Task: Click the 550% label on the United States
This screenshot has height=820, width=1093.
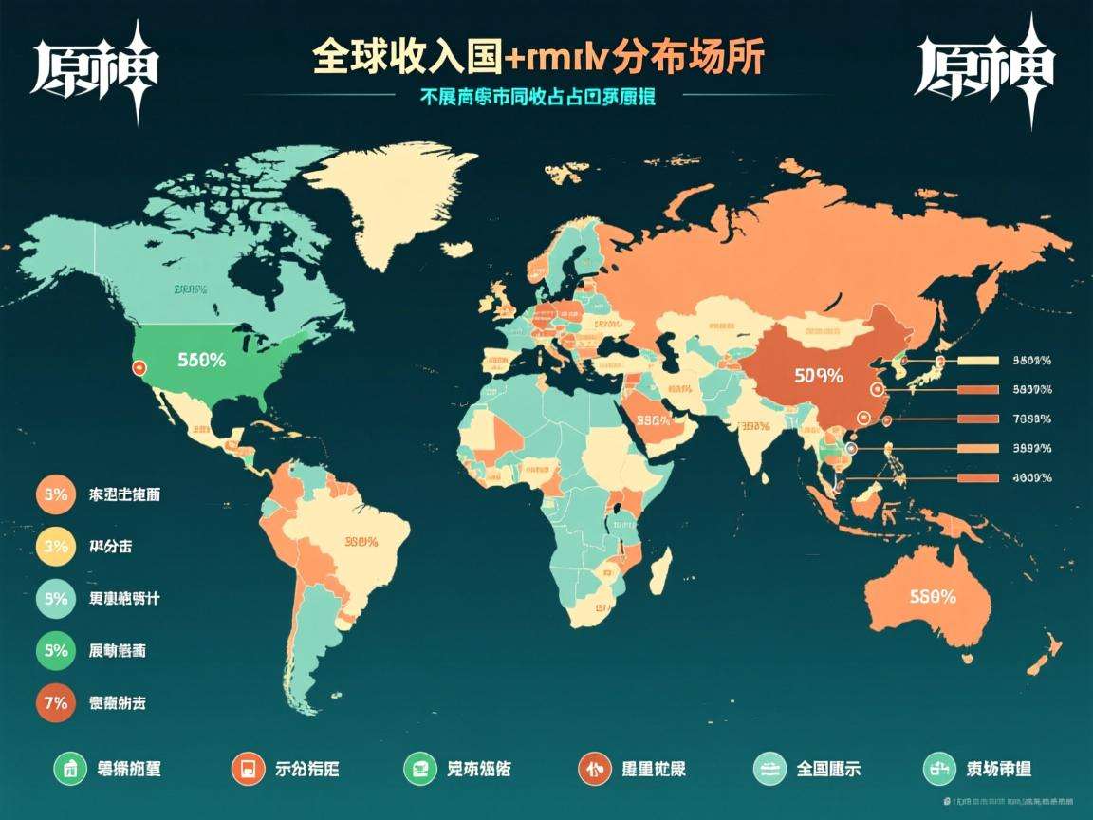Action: pos(201,360)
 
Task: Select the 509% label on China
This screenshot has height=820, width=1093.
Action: pos(818,375)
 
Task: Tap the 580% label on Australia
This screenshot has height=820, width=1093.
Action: pos(932,597)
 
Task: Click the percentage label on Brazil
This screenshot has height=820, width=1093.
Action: pos(361,542)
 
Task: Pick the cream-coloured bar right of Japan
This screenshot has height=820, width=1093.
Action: pos(978,361)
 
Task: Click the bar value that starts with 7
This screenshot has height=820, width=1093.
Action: pos(1032,419)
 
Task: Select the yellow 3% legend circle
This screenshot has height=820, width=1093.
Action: pos(55,546)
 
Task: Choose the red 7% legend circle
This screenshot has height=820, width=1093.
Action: pos(55,703)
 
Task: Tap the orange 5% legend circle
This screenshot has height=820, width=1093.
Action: pos(55,494)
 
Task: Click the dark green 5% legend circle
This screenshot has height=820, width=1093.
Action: pos(55,651)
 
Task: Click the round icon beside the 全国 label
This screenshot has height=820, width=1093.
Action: pos(769,769)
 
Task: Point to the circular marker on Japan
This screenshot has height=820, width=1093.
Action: pos(940,362)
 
